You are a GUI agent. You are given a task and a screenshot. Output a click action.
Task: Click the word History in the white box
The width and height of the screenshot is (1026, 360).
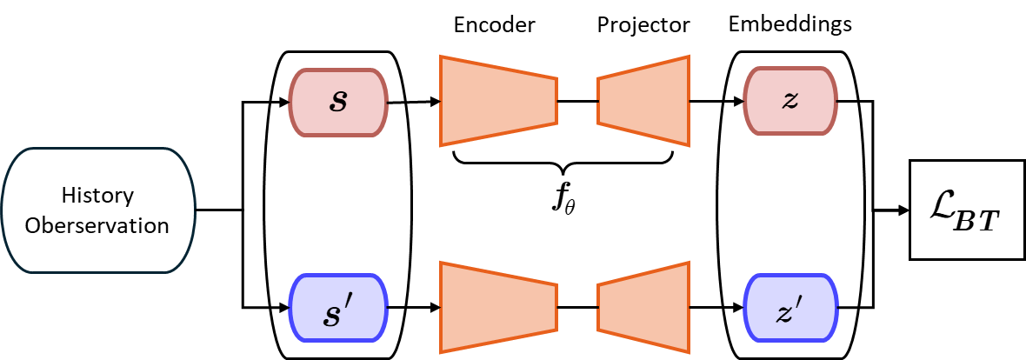pyautogui.click(x=97, y=196)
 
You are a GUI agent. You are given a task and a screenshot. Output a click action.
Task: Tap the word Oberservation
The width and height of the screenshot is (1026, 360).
pyautogui.click(x=97, y=225)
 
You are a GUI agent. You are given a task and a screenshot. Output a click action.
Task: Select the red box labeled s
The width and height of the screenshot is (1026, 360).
pyautogui.click(x=338, y=103)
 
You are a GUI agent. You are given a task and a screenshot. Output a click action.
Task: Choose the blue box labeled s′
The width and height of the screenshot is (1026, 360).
pyautogui.click(x=338, y=309)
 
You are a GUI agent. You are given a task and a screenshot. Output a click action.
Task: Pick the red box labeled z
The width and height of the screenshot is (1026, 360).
pyautogui.click(x=789, y=103)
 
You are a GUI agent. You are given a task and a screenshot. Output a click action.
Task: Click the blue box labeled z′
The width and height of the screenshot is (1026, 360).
pyautogui.click(x=789, y=309)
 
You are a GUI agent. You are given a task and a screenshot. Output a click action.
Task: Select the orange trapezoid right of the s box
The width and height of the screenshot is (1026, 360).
pyautogui.click(x=497, y=101)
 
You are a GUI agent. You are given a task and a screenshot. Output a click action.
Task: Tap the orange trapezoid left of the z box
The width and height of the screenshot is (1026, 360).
pyautogui.click(x=643, y=101)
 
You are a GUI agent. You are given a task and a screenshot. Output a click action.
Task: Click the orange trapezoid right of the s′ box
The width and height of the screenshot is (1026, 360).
pyautogui.click(x=497, y=307)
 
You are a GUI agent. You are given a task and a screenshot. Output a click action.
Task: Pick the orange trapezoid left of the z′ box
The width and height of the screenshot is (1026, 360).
pyautogui.click(x=643, y=307)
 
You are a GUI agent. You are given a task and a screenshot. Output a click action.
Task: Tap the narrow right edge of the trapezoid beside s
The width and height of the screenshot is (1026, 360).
pyautogui.click(x=556, y=101)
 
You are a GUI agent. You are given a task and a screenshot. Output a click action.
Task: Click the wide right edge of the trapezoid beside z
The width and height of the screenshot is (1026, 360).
pyautogui.click(x=689, y=101)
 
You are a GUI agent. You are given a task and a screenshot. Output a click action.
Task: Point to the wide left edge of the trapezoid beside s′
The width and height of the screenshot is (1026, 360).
pyautogui.click(x=441, y=307)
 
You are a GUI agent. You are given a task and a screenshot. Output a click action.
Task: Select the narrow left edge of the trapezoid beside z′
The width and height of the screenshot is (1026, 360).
pyautogui.click(x=598, y=307)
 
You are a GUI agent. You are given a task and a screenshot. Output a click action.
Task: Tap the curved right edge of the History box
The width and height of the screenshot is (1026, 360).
pyautogui.click(x=193, y=210)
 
